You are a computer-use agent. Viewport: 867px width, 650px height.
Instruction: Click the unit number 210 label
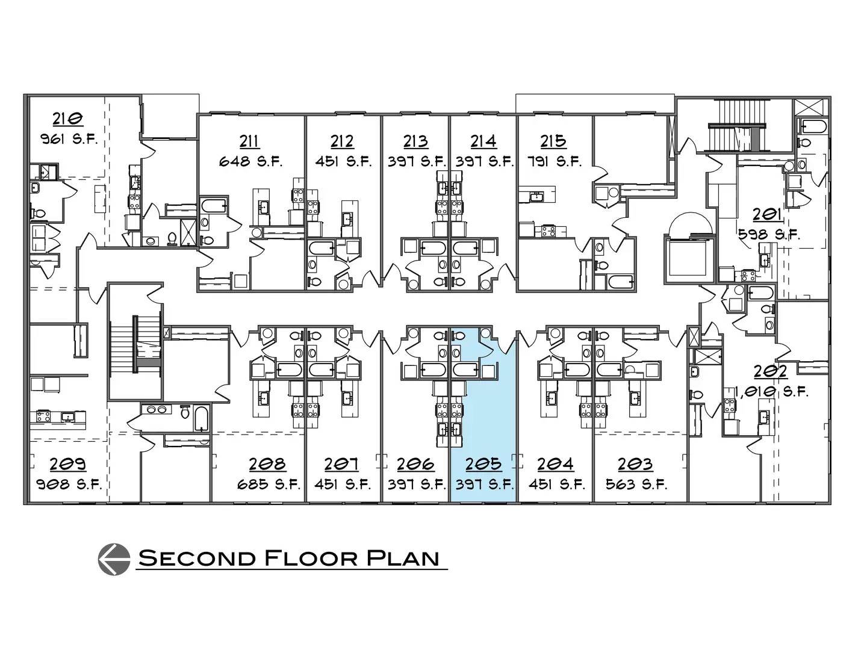click(68, 119)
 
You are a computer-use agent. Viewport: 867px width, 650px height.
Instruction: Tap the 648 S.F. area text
click(250, 162)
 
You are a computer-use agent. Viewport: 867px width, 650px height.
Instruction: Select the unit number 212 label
click(342, 141)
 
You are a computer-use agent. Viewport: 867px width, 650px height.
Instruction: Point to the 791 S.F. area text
click(555, 162)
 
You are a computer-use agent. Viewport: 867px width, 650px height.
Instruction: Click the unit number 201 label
click(766, 214)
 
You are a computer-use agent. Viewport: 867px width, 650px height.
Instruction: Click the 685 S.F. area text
click(269, 484)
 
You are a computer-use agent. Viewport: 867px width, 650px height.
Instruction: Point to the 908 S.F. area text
click(69, 484)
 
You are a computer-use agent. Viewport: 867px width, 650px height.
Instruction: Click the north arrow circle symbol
click(114, 559)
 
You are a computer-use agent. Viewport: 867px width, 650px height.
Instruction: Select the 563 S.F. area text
click(636, 484)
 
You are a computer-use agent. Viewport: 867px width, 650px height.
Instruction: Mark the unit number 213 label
click(415, 141)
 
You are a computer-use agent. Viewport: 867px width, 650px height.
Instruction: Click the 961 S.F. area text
click(69, 139)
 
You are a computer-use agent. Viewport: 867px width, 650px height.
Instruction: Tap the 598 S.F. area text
click(769, 235)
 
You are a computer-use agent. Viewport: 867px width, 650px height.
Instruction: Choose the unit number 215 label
click(553, 141)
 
